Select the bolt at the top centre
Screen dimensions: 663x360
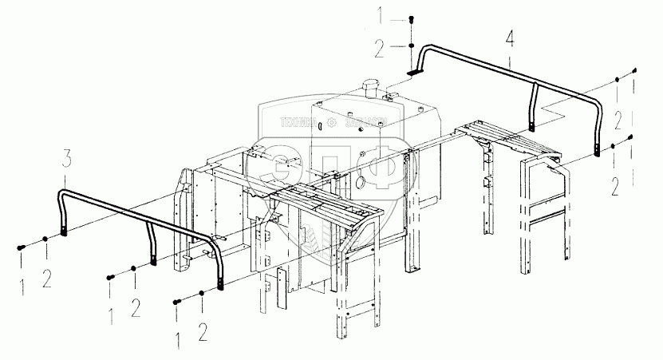click(410, 20)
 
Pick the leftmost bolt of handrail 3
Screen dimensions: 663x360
click(19, 247)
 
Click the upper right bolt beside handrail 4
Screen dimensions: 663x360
click(634, 70)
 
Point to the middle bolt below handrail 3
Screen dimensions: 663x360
click(110, 277)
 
